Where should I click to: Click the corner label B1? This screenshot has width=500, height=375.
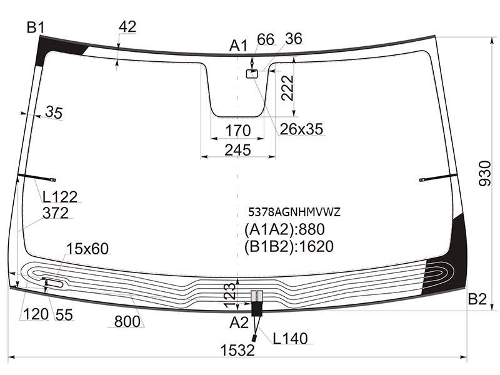tap(36, 27)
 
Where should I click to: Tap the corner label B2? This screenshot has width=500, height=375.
tap(477, 299)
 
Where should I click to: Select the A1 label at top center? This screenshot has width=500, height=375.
tap(238, 46)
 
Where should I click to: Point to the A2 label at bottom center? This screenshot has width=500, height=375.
tap(239, 322)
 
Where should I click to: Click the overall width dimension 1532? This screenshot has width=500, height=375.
tap(237, 350)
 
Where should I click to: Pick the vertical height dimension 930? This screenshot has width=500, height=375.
tap(485, 174)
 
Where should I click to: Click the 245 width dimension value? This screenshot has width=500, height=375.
tap(237, 150)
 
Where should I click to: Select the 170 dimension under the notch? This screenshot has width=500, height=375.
tap(238, 131)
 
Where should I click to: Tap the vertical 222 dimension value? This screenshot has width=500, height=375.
tap(287, 88)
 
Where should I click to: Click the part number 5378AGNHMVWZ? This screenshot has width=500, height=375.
tap(294, 212)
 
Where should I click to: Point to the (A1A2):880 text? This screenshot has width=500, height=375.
tap(284, 229)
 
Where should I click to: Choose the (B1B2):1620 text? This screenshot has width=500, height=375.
tap(289, 246)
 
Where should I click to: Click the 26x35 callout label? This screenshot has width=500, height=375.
tap(301, 129)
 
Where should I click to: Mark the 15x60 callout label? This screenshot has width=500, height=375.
tap(87, 248)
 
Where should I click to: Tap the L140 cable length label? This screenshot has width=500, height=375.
tap(290, 338)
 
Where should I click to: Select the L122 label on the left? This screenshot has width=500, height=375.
tap(60, 197)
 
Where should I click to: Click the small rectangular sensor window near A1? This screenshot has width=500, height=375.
tap(252, 74)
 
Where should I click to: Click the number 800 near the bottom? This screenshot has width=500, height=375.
tap(127, 321)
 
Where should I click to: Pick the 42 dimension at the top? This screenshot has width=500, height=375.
tap(127, 26)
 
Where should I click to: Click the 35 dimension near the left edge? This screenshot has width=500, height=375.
tap(54, 112)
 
